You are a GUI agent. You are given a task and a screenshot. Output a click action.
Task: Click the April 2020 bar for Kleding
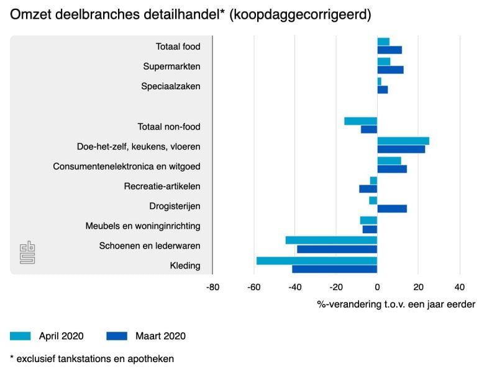317,260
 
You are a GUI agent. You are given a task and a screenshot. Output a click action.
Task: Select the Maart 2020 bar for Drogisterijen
392,209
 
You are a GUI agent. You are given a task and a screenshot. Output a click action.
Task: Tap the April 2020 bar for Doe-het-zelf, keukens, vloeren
403,141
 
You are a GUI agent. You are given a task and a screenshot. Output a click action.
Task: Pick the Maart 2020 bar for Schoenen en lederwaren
337,249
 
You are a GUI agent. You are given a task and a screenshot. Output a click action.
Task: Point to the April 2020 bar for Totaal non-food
360,121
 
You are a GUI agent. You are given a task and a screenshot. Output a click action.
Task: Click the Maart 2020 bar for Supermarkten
390,70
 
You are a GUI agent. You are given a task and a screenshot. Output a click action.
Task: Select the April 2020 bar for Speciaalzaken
380,81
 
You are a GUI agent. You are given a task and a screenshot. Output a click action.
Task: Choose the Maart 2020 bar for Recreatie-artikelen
368,189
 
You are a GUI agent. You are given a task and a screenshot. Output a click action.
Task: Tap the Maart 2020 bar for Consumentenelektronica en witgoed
392,169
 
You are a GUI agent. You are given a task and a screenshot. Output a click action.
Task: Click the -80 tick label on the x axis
212,287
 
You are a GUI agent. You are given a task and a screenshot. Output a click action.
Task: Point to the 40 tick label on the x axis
460,287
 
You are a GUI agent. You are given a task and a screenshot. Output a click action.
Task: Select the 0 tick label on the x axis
377,287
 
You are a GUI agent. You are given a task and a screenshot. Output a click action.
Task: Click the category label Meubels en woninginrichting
143,226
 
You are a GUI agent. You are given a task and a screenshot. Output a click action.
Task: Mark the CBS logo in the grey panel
27,252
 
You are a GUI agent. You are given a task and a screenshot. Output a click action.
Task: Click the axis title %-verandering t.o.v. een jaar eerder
396,304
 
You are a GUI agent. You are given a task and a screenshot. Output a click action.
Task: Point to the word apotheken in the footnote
152,358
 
